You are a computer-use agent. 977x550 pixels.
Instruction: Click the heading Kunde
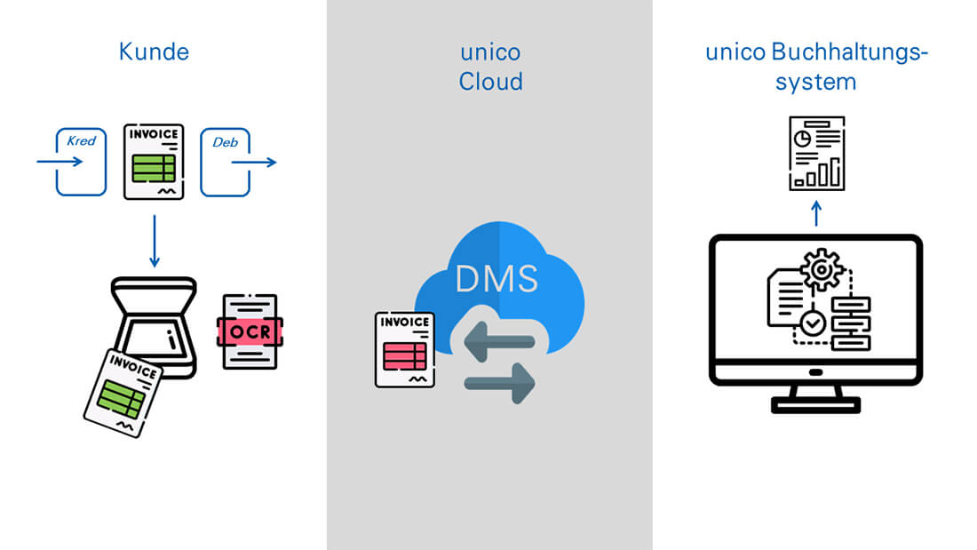click(154, 52)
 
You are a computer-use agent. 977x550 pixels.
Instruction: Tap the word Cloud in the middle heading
click(490, 83)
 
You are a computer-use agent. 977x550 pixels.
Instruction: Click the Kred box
click(81, 162)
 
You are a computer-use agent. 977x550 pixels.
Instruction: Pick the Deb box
click(224, 162)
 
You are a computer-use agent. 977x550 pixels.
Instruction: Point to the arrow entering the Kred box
click(59, 162)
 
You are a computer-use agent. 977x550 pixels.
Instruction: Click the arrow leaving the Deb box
click(255, 163)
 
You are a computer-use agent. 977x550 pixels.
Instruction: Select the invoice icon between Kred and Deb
click(154, 161)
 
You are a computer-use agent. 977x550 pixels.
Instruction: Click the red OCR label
click(250, 331)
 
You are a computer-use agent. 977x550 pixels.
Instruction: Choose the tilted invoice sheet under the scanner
click(123, 392)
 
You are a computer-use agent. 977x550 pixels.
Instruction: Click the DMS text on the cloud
click(496, 278)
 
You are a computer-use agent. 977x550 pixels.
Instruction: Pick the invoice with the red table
click(405, 349)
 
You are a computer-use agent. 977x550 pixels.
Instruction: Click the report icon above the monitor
click(817, 153)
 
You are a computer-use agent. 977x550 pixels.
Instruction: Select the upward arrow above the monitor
click(817, 213)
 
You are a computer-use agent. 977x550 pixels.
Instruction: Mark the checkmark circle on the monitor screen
click(812, 325)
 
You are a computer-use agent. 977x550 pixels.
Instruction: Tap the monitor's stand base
click(815, 405)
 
